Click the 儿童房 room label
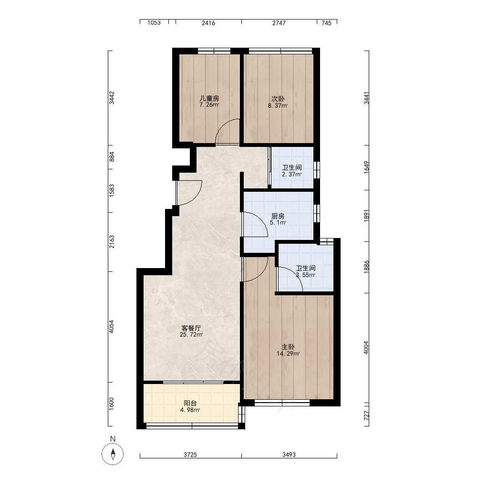pyautogui.click(x=209, y=99)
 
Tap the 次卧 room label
pyautogui.click(x=278, y=99)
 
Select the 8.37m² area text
pyautogui.click(x=278, y=106)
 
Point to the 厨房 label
pyautogui.click(x=278, y=216)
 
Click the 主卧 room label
pyautogui.click(x=288, y=347)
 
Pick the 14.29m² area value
pyautogui.click(x=288, y=353)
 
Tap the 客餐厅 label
pyautogui.click(x=191, y=328)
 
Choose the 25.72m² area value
pyautogui.click(x=191, y=335)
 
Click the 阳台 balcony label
pyautogui.click(x=190, y=403)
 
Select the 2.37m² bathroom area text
pyautogui.click(x=292, y=174)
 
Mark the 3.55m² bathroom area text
pyautogui.click(x=306, y=275)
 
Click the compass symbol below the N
pyautogui.click(x=113, y=454)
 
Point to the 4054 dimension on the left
pyautogui.click(x=111, y=327)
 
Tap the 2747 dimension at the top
pyautogui.click(x=279, y=23)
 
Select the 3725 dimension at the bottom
pyautogui.click(x=190, y=455)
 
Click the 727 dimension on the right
pyautogui.click(x=366, y=415)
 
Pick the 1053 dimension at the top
pyautogui.click(x=154, y=23)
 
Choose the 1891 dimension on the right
pyautogui.click(x=366, y=216)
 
